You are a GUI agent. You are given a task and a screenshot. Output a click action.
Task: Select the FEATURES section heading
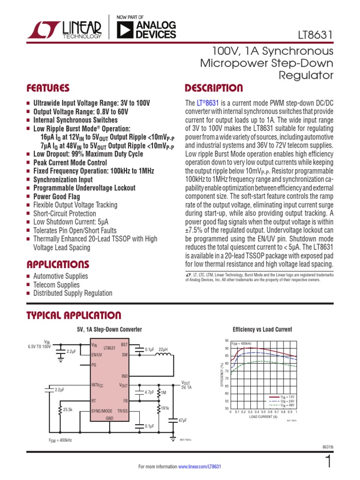pyautogui.click(x=48, y=88)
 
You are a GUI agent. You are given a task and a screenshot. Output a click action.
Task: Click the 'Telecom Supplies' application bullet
pyautogui.click(x=56, y=285)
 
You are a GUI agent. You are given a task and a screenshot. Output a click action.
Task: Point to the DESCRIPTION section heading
pyautogui.click(x=214, y=88)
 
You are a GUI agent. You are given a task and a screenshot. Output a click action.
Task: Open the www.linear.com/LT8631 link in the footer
pyautogui.click(x=199, y=467)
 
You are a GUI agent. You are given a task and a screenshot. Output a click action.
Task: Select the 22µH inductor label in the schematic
pyautogui.click(x=164, y=349)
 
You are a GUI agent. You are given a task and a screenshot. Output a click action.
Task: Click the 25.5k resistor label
pyautogui.click(x=68, y=409)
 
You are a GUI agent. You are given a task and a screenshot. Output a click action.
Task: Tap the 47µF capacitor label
pyautogui.click(x=182, y=420)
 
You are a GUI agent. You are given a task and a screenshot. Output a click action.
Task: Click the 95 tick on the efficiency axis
pyautogui.click(x=227, y=340)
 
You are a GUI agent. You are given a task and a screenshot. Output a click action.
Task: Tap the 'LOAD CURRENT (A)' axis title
pyautogui.click(x=263, y=416)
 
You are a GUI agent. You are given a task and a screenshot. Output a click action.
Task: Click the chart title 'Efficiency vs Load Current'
pyautogui.click(x=262, y=330)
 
